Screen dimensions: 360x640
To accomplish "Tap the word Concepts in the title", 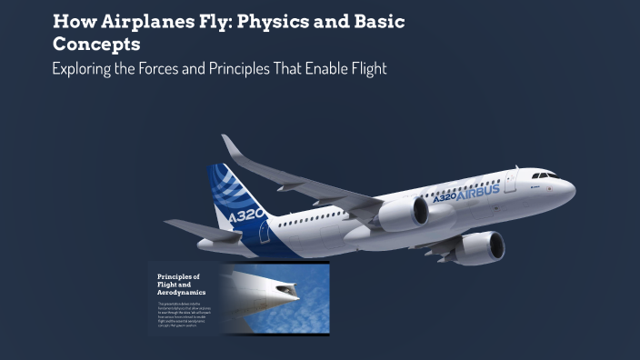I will (95, 44).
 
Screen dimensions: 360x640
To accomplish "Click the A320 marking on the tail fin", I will (246, 216).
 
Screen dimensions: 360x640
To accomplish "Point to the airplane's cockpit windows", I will (544, 174).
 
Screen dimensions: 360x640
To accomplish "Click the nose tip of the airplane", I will (573, 188).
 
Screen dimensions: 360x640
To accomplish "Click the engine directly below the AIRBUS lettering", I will (405, 214).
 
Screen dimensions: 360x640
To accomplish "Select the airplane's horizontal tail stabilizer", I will (200, 231).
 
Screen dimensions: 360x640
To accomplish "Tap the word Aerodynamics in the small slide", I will (182, 293).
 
